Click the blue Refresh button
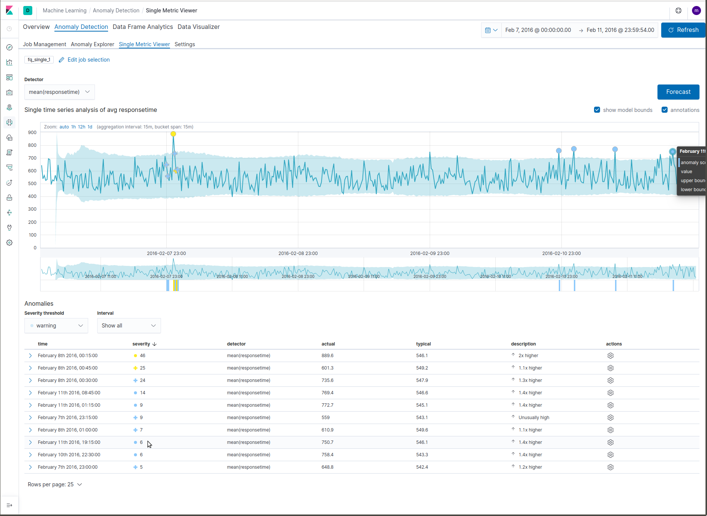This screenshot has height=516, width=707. tap(683, 30)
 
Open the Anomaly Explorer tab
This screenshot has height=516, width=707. tap(92, 44)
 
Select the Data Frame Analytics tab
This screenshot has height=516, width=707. tap(143, 27)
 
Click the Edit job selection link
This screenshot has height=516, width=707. tap(88, 60)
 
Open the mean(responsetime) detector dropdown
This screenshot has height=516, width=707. tap(59, 92)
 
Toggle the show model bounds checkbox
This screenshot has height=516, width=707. tap(597, 110)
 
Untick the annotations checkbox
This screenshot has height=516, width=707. tap(665, 110)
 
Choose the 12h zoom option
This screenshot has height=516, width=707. tap(81, 127)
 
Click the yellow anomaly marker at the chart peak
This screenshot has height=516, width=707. tap(173, 134)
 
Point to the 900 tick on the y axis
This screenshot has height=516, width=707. tap(32, 133)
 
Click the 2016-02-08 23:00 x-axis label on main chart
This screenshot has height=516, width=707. tap(298, 253)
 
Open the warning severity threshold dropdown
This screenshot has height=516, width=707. tap(56, 326)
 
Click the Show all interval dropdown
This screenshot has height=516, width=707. tap(129, 326)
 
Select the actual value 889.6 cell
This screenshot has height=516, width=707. tap(327, 356)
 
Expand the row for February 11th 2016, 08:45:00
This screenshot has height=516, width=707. tap(30, 393)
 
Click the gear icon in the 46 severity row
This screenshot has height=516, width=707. tap(610, 356)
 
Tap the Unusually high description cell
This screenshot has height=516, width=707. tap(534, 418)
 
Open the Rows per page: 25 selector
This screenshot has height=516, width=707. tap(55, 484)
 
